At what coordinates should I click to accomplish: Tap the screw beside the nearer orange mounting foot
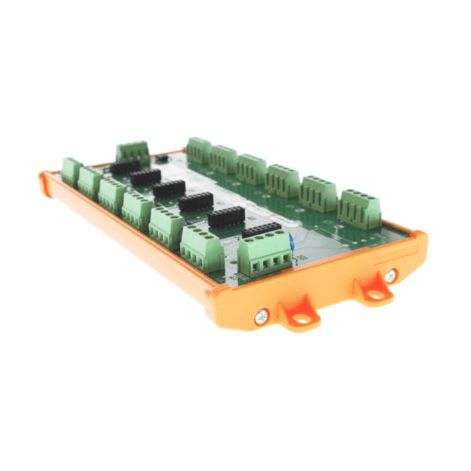(x=262, y=315)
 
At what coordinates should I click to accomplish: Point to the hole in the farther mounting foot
(x=375, y=292)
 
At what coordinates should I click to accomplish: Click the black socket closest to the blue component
(x=262, y=229)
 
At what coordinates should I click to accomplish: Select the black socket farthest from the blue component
(x=125, y=165)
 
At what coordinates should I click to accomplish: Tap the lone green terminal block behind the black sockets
(x=132, y=151)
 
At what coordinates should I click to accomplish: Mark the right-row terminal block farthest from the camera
(x=199, y=151)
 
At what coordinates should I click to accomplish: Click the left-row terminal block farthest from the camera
(x=72, y=171)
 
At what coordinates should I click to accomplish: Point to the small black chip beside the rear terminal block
(x=162, y=157)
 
